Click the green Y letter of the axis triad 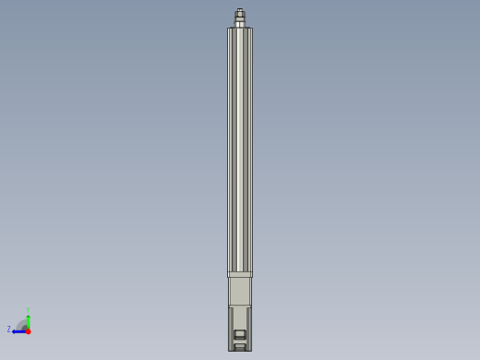point(28,310)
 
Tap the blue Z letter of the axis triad point(9,330)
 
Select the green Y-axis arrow point(28,320)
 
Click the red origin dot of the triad point(28,330)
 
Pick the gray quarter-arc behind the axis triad point(21,324)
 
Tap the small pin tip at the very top point(240,10)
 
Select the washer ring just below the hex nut point(240,20)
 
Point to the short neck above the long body point(240,25)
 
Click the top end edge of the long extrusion point(240,29)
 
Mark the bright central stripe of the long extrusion point(240,148)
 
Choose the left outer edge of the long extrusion point(228,148)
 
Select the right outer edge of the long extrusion point(252,148)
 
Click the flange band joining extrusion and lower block point(240,274)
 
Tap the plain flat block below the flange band point(240,291)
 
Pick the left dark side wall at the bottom point(231,329)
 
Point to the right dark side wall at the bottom point(249,329)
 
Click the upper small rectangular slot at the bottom point(240,334)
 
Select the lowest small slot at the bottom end point(240,346)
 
